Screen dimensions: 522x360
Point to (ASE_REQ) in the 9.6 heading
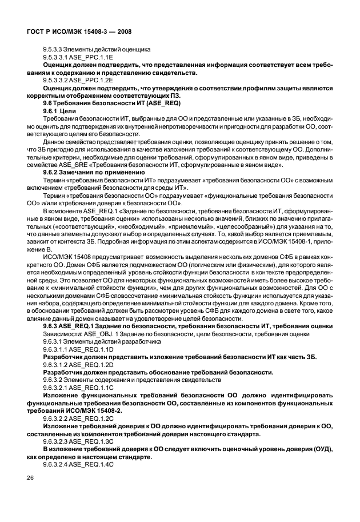pyautogui.click(x=145, y=101)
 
